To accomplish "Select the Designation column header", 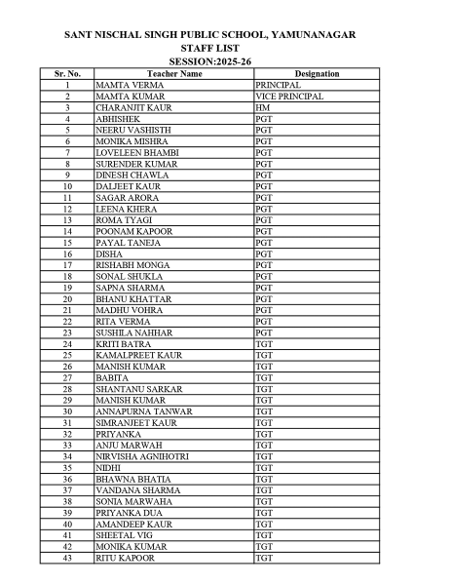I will tap(317, 74).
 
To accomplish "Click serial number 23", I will tap(67, 333).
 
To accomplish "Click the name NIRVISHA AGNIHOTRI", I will tap(142, 456).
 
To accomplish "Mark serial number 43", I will tap(67, 557).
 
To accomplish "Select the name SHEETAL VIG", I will tap(122, 535).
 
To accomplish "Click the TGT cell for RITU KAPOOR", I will tap(263, 557).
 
